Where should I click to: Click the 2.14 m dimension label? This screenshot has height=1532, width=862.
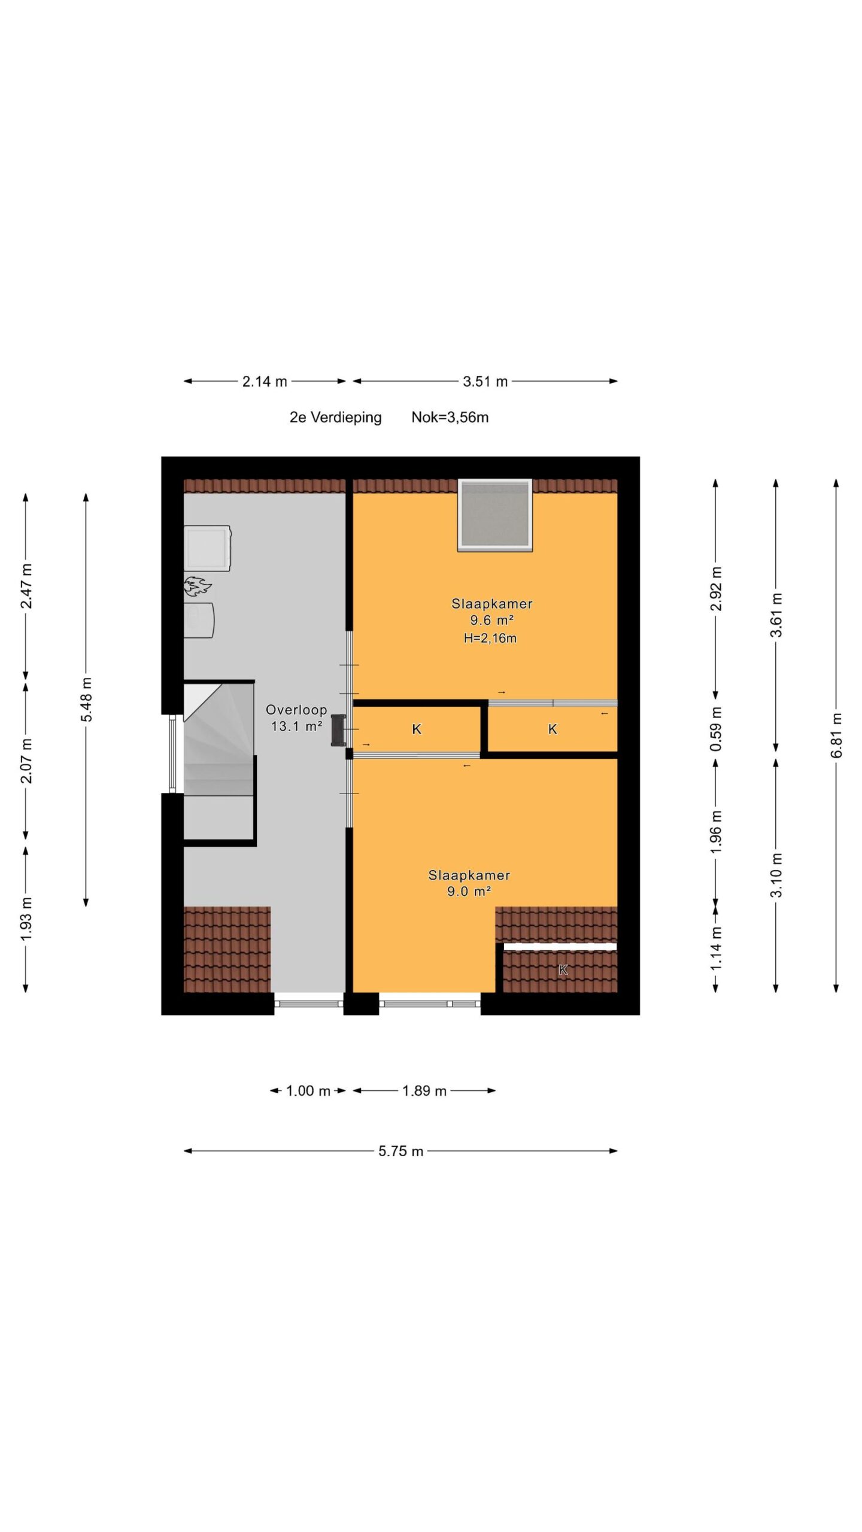[x=265, y=381]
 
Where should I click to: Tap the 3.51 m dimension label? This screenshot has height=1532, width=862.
[x=485, y=381]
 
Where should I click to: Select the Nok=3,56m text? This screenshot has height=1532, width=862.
[x=450, y=417]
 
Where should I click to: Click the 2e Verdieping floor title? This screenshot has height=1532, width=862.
[x=335, y=417]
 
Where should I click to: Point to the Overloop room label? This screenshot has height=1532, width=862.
[x=296, y=710]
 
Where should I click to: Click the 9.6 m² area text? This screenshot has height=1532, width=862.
[x=491, y=621]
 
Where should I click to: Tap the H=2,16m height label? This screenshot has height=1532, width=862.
[x=490, y=638]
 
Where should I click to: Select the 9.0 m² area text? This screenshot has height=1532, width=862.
[x=469, y=891]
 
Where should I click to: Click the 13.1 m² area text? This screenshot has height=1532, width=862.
[x=296, y=727]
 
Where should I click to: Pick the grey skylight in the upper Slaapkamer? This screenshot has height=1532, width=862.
[x=495, y=515]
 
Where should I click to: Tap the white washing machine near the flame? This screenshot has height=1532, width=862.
[x=207, y=548]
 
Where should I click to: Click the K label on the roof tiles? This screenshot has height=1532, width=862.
[x=563, y=970]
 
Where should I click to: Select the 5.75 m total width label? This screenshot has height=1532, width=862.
[x=400, y=1151]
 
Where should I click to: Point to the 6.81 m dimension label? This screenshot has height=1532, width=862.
[x=836, y=735]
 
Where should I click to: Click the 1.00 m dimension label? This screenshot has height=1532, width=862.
[x=308, y=1090]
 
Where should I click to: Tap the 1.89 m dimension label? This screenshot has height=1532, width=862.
[x=424, y=1090]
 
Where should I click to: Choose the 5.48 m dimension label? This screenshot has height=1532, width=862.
[x=86, y=699]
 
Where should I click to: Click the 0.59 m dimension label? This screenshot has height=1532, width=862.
[x=716, y=728]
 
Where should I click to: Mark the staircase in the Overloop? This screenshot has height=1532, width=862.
[x=219, y=761]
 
